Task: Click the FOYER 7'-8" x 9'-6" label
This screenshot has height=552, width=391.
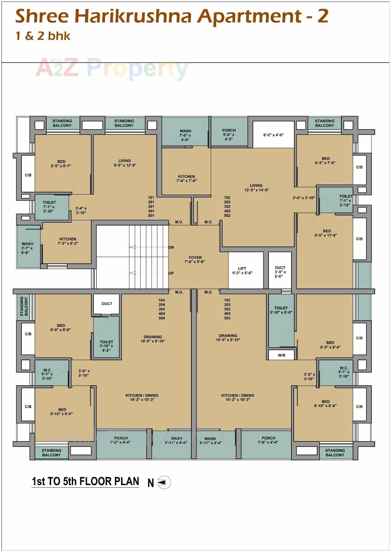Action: click(x=195, y=259)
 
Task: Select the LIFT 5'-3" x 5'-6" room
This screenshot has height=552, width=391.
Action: click(x=242, y=270)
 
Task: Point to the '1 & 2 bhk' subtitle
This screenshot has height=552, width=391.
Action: click(x=43, y=36)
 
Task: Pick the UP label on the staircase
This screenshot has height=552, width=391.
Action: click(x=171, y=273)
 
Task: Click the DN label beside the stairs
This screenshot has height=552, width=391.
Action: click(x=171, y=248)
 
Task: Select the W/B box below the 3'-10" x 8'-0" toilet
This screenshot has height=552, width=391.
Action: click(x=281, y=355)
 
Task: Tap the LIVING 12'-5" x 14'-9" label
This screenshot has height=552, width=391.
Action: click(x=256, y=187)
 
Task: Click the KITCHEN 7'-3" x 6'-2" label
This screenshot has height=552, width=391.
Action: click(x=68, y=241)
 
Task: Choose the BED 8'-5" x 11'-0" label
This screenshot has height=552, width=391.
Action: click(x=326, y=233)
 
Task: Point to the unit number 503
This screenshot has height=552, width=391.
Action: click(x=227, y=318)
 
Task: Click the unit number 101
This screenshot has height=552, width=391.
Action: click(x=151, y=198)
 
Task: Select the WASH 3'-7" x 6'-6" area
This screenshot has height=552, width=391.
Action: click(x=27, y=248)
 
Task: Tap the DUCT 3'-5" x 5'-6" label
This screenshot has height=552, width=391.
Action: click(x=280, y=272)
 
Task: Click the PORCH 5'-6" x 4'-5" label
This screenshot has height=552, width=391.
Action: click(x=229, y=134)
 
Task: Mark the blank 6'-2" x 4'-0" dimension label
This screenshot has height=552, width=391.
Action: click(x=273, y=135)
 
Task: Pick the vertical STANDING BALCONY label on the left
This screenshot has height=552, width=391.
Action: click(x=24, y=306)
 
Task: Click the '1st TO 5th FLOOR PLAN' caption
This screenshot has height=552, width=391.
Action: click(x=85, y=481)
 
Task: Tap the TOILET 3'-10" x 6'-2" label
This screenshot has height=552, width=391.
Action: click(x=106, y=346)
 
